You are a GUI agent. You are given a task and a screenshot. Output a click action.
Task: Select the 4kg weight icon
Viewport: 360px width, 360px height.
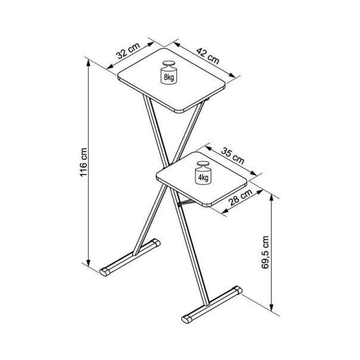click(203, 175)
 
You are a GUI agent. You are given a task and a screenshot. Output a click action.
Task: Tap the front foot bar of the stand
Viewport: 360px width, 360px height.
click(211, 305)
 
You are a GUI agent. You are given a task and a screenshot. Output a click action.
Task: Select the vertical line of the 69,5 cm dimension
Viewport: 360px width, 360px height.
click(273, 280)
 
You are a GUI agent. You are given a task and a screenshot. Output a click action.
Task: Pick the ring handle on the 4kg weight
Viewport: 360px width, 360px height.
click(203, 165)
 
